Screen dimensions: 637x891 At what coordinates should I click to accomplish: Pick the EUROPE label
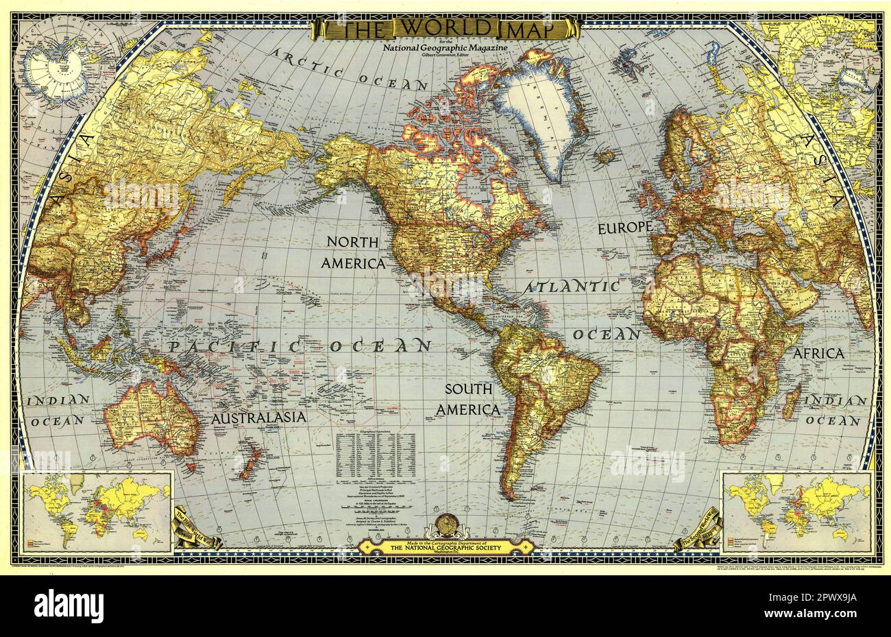[625, 228]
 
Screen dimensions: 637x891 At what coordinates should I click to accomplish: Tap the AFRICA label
[818, 354]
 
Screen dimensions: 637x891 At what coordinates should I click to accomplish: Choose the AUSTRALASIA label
[258, 417]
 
